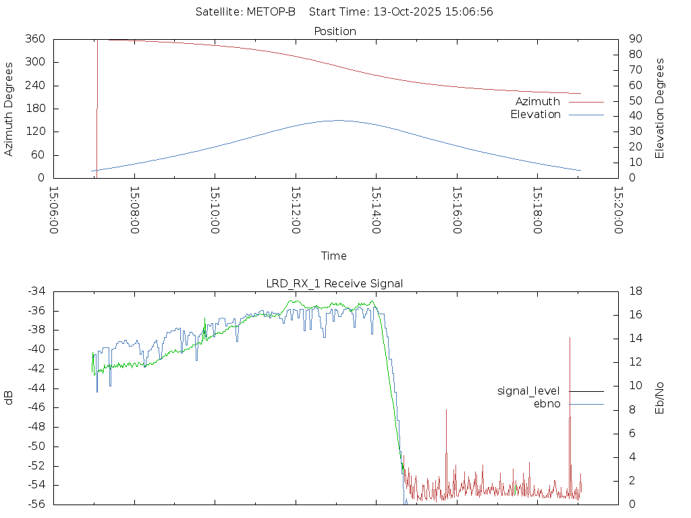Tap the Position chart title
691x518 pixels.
(335, 31)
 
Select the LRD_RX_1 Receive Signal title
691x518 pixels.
(335, 283)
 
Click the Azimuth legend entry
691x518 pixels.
(538, 102)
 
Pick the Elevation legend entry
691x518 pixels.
(535, 115)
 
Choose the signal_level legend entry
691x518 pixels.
(528, 391)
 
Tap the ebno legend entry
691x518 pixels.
(547, 404)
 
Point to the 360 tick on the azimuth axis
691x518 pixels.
(35, 39)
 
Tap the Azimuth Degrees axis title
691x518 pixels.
(9, 109)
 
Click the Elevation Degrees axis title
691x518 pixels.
(660, 109)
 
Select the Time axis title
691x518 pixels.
(334, 256)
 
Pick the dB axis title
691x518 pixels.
(9, 398)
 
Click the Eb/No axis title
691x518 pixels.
(660, 398)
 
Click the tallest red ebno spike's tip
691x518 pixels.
(570, 338)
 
